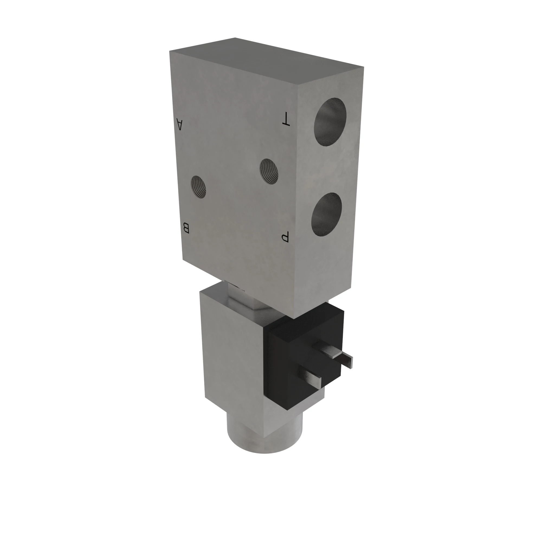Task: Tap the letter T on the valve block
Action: pos(286,119)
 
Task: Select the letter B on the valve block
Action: pos(186,228)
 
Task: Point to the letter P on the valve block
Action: pos(285,237)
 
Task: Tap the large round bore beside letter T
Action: pos(330,122)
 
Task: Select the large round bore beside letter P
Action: pos(327,215)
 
